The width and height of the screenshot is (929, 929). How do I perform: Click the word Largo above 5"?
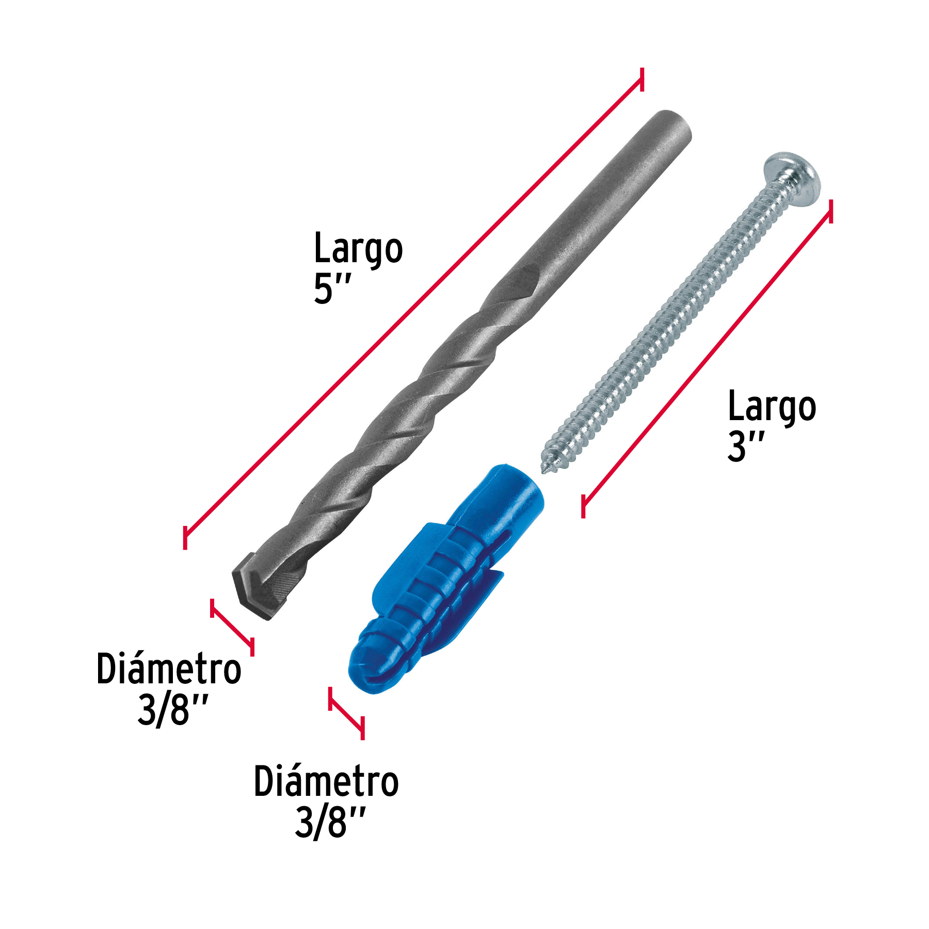[358, 249]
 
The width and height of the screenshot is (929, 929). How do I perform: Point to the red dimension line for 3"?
[707, 356]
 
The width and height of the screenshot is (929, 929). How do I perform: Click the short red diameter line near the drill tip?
[232, 627]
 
